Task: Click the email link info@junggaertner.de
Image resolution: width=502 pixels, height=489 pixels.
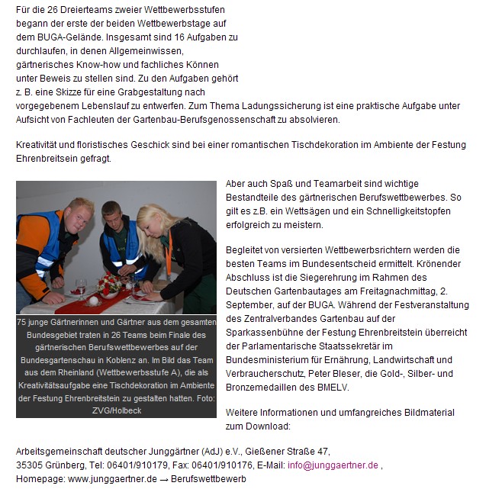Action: pyautogui.click(x=333, y=465)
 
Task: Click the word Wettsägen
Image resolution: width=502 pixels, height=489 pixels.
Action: pyautogui.click(x=315, y=211)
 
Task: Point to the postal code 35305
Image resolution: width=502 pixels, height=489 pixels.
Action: pyautogui.click(x=31, y=465)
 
